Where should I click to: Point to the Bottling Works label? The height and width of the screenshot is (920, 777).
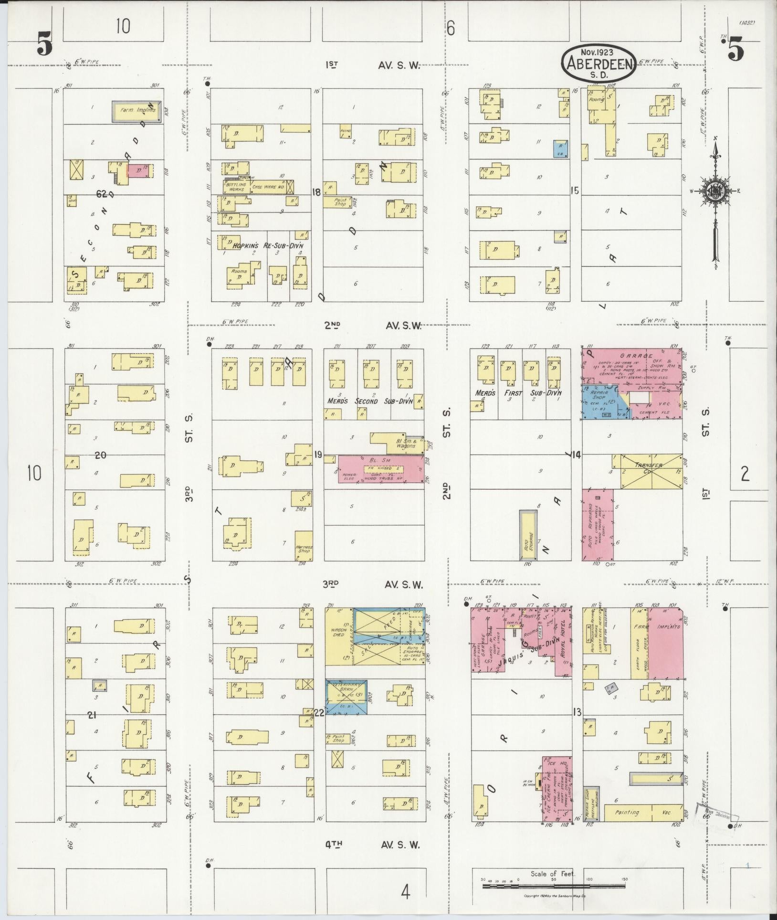pyautogui.click(x=236, y=187)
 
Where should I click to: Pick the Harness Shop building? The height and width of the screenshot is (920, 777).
pyautogui.click(x=304, y=545)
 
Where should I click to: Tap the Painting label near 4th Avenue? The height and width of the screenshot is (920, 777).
pyautogui.click(x=627, y=812)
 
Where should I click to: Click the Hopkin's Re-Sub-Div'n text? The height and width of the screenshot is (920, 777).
pyautogui.click(x=267, y=246)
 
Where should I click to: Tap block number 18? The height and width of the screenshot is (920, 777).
pyautogui.click(x=315, y=192)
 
